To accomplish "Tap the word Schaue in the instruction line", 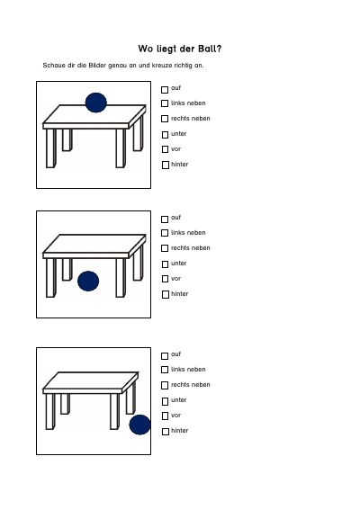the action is [x=51, y=65].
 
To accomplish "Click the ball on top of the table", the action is [x=96, y=103].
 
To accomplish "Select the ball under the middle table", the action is [x=88, y=281].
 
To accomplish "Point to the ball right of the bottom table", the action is [x=139, y=425].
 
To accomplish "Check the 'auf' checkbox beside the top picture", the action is [x=165, y=89].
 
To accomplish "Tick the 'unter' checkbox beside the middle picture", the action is [x=165, y=264].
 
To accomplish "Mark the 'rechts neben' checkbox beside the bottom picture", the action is [x=165, y=386].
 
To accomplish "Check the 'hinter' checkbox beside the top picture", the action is [x=166, y=165].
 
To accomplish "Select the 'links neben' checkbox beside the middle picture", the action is [x=165, y=233].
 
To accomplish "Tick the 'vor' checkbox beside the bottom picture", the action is [x=165, y=416].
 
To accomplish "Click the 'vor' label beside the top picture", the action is [x=175, y=149].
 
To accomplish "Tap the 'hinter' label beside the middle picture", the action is [x=180, y=294].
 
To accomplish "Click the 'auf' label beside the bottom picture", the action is [x=175, y=353].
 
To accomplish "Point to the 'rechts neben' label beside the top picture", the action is [x=191, y=119].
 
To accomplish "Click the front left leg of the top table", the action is [x=51, y=148].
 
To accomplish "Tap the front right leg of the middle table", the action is [x=121, y=277].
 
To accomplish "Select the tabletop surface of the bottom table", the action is [x=91, y=380].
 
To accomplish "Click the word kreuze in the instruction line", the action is [x=162, y=65].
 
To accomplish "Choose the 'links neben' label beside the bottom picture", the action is [x=188, y=370].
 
